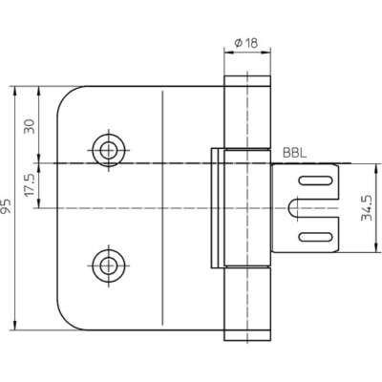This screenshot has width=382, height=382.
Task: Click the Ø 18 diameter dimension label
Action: (x=245, y=42)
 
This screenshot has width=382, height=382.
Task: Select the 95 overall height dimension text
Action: (x=6, y=206)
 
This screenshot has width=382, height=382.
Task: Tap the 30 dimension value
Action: (x=30, y=126)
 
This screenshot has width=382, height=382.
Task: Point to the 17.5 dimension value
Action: (x=30, y=185)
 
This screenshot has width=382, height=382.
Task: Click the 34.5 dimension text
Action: (x=367, y=207)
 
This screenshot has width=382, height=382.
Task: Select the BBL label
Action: (x=295, y=153)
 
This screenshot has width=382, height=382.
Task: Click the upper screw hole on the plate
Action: (x=109, y=151)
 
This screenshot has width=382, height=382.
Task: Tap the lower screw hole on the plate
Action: (x=109, y=265)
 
